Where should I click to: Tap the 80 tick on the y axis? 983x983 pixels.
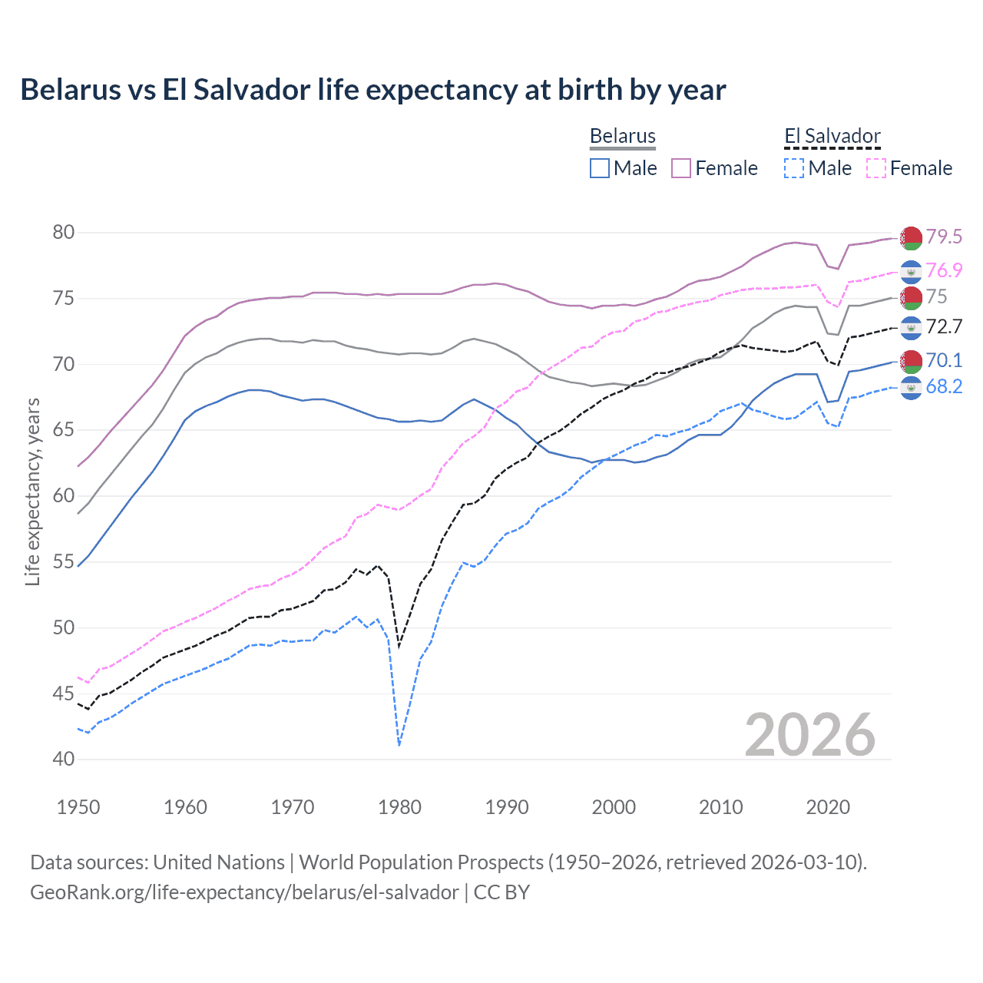coord(64,232)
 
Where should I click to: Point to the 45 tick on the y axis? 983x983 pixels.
coord(64,693)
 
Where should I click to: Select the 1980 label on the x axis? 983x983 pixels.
coord(399,807)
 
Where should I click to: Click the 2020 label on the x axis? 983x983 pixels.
coord(828,807)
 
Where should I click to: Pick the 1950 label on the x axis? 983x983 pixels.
coord(78,807)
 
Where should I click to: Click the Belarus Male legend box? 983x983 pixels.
coord(600,168)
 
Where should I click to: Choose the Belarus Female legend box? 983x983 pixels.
coord(681,168)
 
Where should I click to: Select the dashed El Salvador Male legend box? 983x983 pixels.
coord(794,168)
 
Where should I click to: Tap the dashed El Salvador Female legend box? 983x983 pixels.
coord(876,168)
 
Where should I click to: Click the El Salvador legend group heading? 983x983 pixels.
coord(832,136)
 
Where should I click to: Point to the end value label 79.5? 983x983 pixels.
coord(944,237)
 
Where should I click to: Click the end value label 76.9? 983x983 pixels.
coord(944,270)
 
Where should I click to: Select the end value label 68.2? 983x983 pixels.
coord(944,386)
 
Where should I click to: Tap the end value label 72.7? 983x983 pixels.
coord(944,326)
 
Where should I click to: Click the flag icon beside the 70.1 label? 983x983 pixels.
coord(911,360)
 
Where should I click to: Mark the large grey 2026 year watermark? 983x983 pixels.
coord(810,735)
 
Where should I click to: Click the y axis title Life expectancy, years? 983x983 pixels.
coord(33,492)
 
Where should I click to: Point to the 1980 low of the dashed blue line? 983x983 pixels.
coord(399,745)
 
